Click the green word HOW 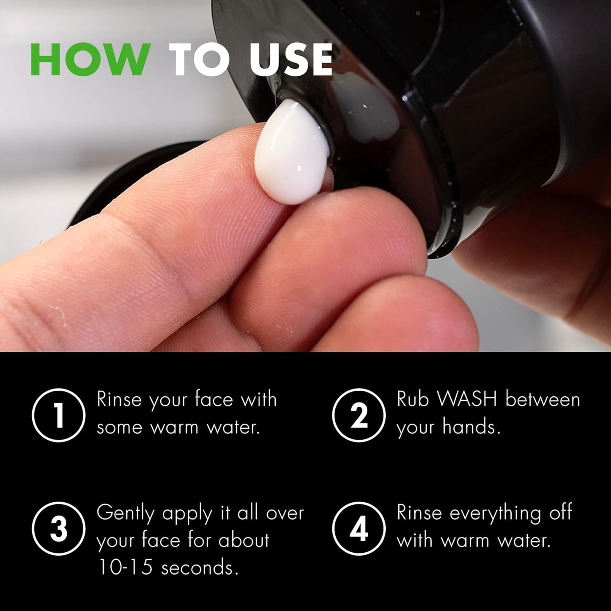pyautogui.click(x=90, y=60)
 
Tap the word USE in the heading pyautogui.click(x=291, y=60)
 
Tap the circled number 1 pyautogui.click(x=59, y=415)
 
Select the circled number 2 pyautogui.click(x=359, y=415)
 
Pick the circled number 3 pyautogui.click(x=59, y=529)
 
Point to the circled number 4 pyautogui.click(x=359, y=529)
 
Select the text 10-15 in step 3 pyautogui.click(x=125, y=567)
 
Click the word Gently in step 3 pyautogui.click(x=126, y=513)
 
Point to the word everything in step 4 pyautogui.click(x=495, y=513)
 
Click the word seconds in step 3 pyautogui.click(x=200, y=567)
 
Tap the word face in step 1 pyautogui.click(x=214, y=399)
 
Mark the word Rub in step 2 pyautogui.click(x=412, y=399)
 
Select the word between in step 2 pyautogui.click(x=543, y=399)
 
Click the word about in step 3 pyautogui.click(x=244, y=540)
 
